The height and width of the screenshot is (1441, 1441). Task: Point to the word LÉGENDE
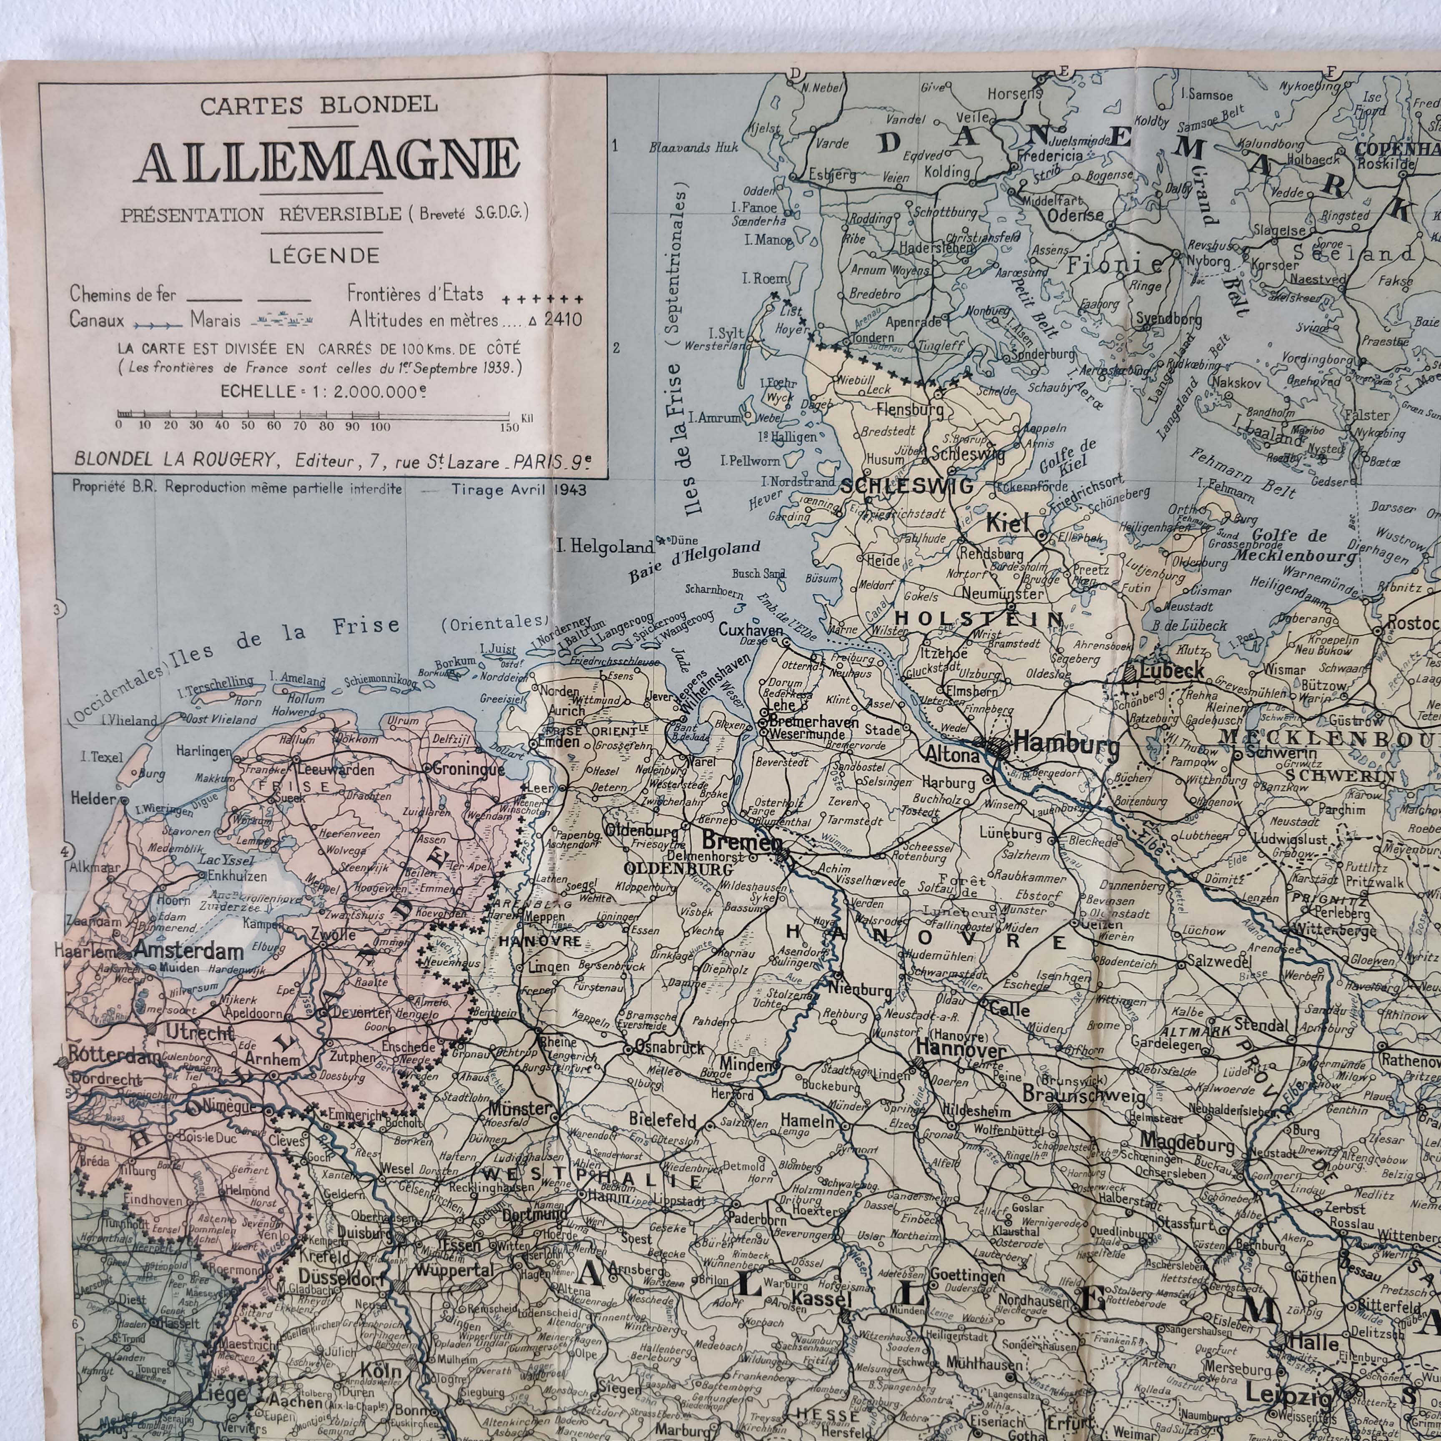324,256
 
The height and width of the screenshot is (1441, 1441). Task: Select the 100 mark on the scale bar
380,427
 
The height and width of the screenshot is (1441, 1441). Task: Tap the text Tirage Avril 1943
518,490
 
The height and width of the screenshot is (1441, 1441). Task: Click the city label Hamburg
1067,744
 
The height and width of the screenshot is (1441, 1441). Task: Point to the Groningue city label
468,769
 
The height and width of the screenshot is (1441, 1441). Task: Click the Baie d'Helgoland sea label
694,561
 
